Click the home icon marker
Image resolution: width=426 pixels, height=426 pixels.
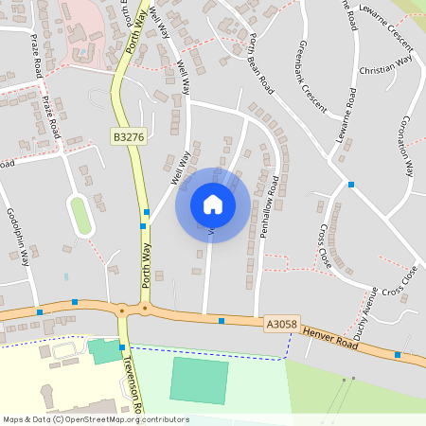click(213, 204)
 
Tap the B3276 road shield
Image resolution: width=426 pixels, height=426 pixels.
click(128, 137)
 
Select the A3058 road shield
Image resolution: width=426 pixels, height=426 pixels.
click(281, 324)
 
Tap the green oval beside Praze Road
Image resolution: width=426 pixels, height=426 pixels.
click(80, 215)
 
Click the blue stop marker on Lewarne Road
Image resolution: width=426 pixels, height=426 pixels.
click(351, 184)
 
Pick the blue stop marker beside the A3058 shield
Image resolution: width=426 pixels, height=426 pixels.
click(222, 321)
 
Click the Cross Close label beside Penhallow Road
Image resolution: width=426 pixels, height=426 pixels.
click(327, 245)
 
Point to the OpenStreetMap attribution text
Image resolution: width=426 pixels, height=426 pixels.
click(95, 419)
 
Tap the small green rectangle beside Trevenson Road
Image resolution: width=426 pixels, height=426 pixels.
click(104, 350)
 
